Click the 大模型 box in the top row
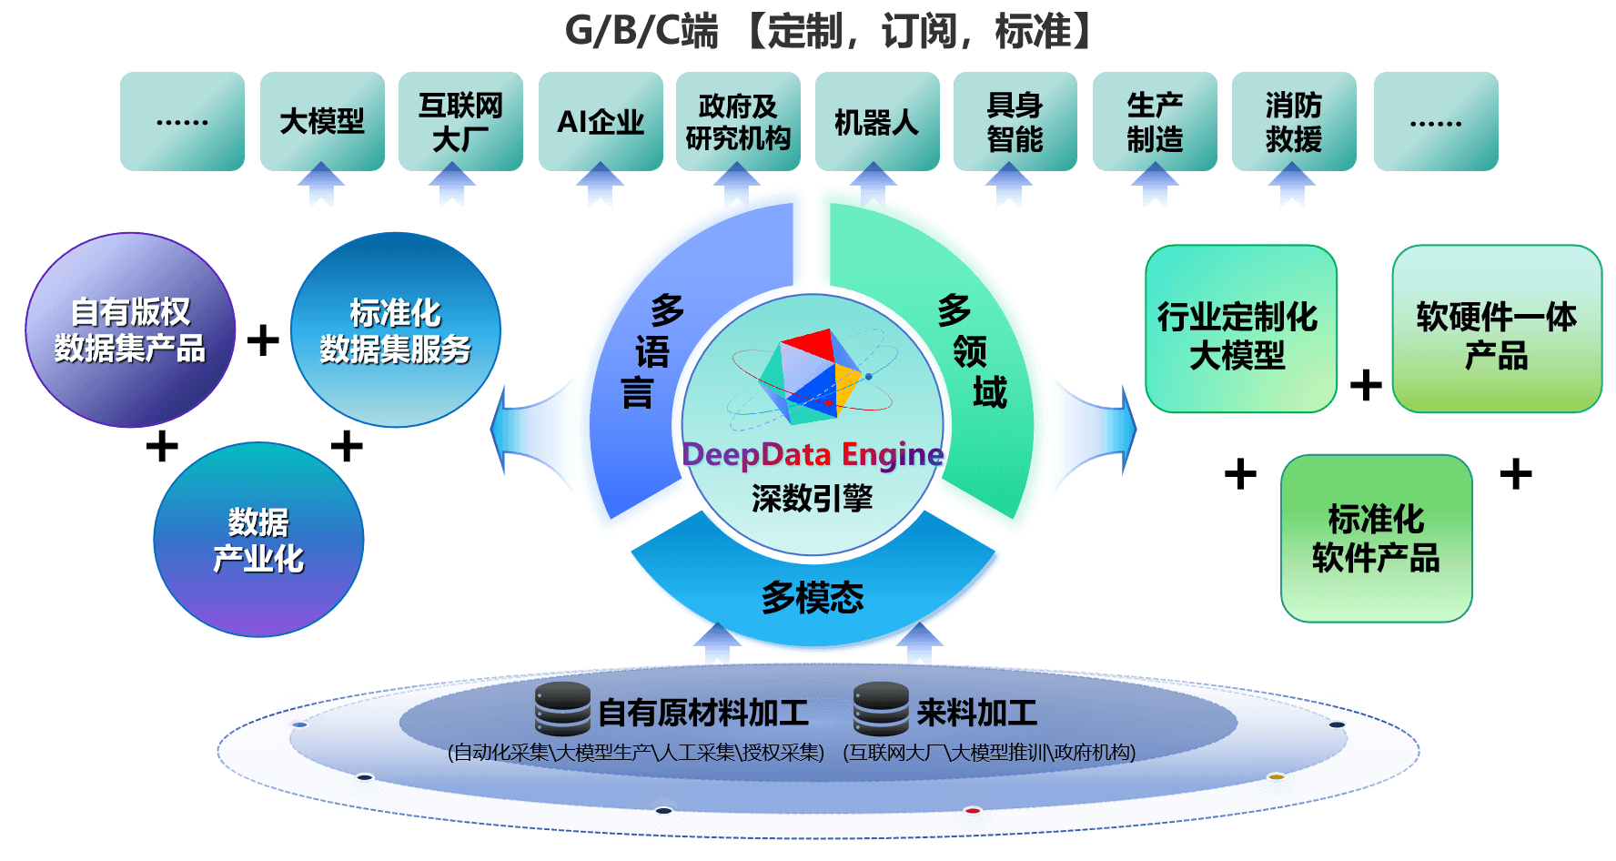point(322,121)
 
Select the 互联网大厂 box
point(460,121)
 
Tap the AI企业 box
point(601,121)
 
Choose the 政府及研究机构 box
point(738,121)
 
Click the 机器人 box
point(877,121)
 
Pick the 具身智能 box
point(1015,121)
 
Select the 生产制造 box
point(1155,121)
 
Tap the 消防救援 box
point(1294,121)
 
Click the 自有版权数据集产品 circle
point(130,330)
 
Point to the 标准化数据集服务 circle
point(395,330)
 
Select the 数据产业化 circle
point(258,540)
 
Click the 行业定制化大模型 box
point(1240,329)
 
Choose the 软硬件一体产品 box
point(1497,329)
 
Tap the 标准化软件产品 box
point(1376,539)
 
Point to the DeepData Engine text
point(813,453)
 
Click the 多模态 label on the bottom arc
point(813,597)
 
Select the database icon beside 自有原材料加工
point(562,709)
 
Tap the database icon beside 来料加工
point(881,709)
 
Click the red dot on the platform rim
point(973,810)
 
